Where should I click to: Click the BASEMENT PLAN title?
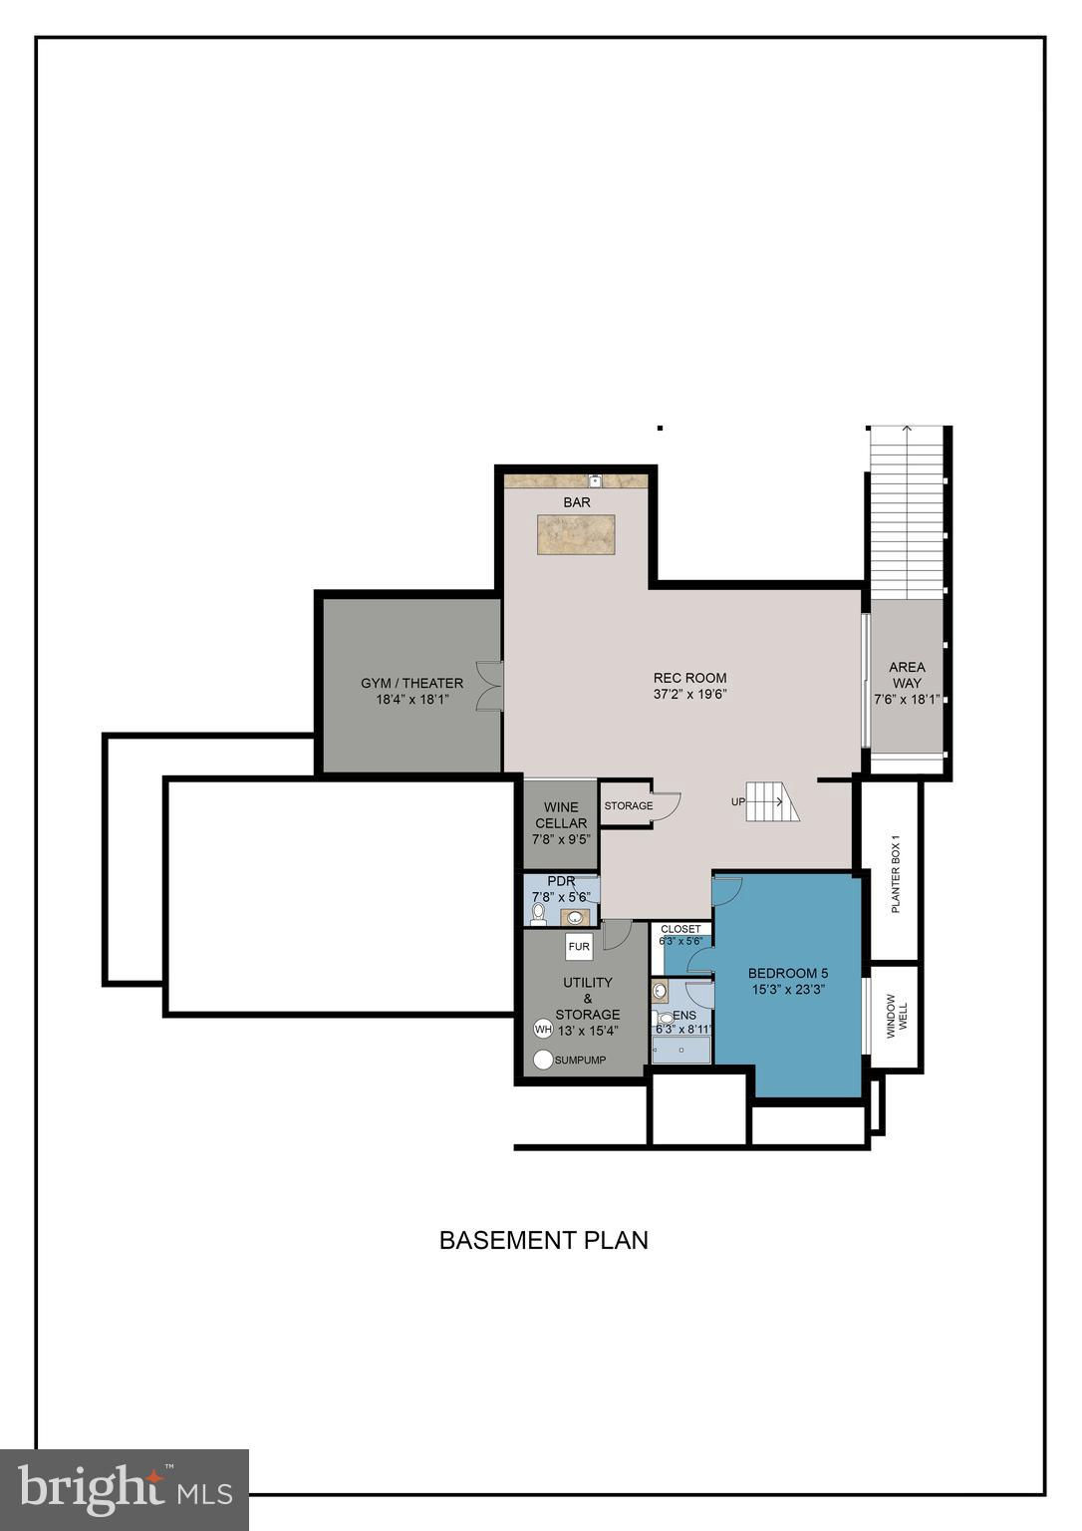[x=543, y=1240]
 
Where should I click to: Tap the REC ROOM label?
[x=689, y=678]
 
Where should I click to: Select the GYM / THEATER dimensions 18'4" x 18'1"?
[x=411, y=699]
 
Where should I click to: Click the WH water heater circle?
[x=542, y=1029]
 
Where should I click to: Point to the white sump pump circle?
[x=543, y=1061]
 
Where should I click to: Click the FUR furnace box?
[x=579, y=947]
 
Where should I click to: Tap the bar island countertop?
[x=575, y=534]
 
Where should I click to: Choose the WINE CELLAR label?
[x=561, y=814]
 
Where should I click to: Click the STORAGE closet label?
[x=629, y=805]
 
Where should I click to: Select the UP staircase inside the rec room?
[x=772, y=801]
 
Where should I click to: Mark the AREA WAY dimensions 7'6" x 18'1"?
[x=907, y=699]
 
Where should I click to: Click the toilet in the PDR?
[x=539, y=914]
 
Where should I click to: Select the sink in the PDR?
[x=576, y=917]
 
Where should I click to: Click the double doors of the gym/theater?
[x=491, y=686]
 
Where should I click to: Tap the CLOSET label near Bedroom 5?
[x=681, y=929]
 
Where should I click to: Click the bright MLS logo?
[x=125, y=1487]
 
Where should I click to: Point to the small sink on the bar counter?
[x=595, y=480]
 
